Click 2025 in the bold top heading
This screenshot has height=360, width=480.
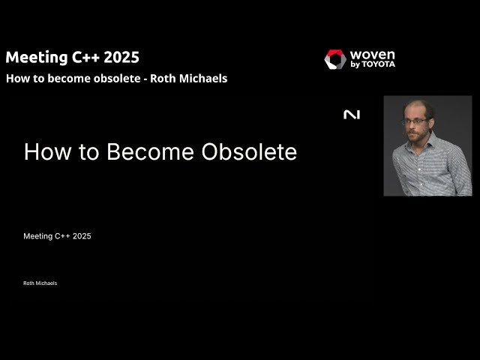pyautogui.click(x=120, y=57)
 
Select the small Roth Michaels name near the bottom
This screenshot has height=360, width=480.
pyautogui.click(x=40, y=283)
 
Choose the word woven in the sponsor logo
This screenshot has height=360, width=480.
pyautogui.click(x=372, y=55)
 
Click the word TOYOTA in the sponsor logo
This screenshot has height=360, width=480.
pyautogui.click(x=379, y=65)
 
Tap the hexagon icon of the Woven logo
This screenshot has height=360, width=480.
pyautogui.click(x=335, y=59)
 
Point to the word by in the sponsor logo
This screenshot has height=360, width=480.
pyautogui.click(x=355, y=65)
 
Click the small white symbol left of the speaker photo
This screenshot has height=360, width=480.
pyautogui.click(x=351, y=115)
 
